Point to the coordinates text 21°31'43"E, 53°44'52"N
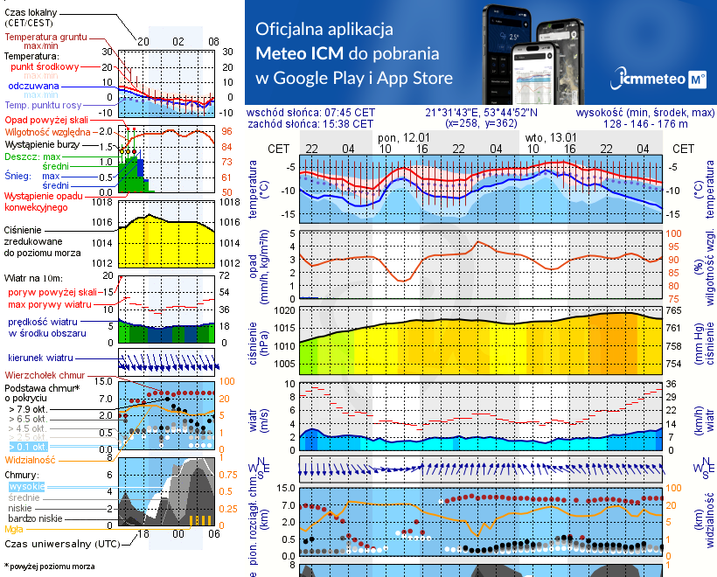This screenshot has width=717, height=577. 481,113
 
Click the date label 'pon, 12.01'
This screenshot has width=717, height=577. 403,137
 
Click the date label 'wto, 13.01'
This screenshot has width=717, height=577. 551,137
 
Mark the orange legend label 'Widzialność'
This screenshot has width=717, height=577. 31,459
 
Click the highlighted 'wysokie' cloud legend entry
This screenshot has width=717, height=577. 25,486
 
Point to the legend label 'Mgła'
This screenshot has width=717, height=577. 14,529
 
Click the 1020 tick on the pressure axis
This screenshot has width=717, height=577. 285,309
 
